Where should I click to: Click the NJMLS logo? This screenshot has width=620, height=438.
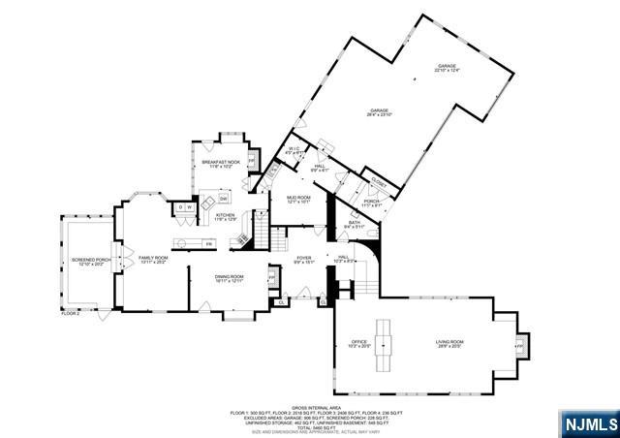(589, 423)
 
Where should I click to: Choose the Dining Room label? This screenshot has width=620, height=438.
(230, 278)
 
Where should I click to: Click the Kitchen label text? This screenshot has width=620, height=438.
(225, 217)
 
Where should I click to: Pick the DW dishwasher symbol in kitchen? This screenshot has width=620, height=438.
(223, 199)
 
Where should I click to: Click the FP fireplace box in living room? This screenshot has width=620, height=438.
(519, 345)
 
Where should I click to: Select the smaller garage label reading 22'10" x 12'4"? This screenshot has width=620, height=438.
(446, 68)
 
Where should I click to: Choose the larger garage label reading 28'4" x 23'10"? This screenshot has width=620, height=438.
(378, 113)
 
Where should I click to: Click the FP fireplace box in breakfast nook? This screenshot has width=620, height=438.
(251, 159)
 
